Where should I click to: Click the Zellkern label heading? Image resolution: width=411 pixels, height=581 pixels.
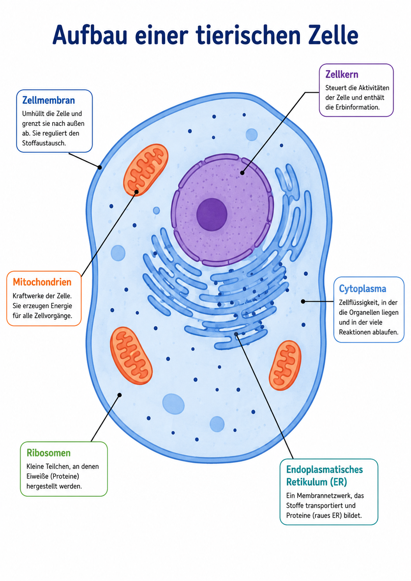click(x=342, y=74)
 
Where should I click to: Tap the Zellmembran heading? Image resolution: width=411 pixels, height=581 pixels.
click(x=48, y=100)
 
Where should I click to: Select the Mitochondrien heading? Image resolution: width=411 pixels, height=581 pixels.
click(x=42, y=282)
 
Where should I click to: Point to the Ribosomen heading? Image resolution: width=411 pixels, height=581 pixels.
click(x=48, y=453)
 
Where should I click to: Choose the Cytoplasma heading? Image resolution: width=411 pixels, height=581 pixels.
click(x=363, y=289)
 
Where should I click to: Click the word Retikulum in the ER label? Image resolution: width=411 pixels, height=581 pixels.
click(x=305, y=482)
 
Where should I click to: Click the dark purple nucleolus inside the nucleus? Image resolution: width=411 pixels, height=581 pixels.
click(x=212, y=214)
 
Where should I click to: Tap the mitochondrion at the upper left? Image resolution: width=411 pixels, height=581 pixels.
click(x=145, y=170)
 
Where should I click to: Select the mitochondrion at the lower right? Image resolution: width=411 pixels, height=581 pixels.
click(x=285, y=366)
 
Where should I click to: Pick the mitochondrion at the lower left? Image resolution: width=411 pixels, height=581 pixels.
click(x=131, y=356)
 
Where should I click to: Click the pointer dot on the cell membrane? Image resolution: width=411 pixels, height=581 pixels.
click(x=100, y=168)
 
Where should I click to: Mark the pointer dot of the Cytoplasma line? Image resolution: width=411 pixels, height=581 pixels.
click(x=303, y=301)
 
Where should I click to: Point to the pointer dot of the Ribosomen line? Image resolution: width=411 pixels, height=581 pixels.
click(x=120, y=395)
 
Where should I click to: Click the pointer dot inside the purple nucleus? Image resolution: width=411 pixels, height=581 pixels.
click(x=242, y=173)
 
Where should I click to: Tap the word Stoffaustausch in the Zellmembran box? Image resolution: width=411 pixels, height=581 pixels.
click(x=44, y=143)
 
